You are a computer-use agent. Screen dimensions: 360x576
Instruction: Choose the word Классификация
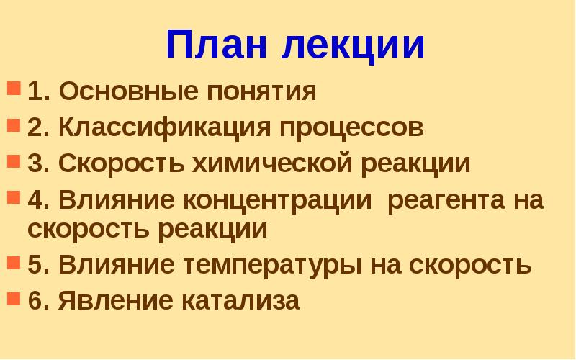click(164, 128)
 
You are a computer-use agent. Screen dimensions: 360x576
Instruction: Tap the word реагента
click(441, 200)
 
